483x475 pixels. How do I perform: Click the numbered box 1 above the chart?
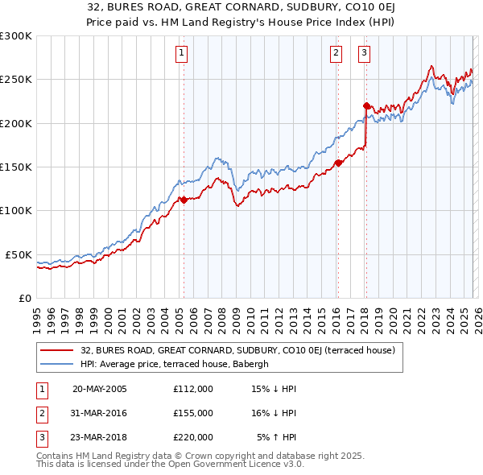183,54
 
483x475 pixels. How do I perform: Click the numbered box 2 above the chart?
336,54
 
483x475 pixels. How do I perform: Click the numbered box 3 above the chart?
364,54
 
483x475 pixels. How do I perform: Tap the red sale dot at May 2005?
184,200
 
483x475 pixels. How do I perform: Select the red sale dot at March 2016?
337,163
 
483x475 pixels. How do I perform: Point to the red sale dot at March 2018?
366,105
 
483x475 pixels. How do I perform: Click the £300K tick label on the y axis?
16,36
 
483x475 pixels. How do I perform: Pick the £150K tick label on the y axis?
16,167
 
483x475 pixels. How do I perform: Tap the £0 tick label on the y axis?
24,298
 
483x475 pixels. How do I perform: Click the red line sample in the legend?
57,350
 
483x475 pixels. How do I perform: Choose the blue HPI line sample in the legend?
57,364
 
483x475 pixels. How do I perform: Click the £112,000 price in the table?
192,389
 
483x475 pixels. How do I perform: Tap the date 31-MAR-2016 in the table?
99,413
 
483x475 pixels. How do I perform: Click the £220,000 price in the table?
192,437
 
